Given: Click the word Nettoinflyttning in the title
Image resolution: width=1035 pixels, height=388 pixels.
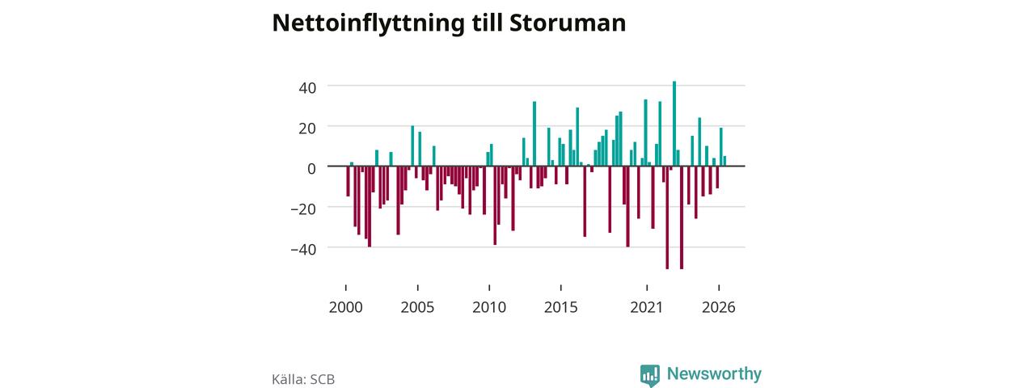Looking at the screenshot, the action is pyautogui.click(x=368, y=23).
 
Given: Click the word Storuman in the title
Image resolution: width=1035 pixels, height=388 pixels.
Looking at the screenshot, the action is pyautogui.click(x=568, y=23).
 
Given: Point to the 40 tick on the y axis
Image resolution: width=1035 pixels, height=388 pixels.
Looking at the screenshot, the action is pyautogui.click(x=307, y=88).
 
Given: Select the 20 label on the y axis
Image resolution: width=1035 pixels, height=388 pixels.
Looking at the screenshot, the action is pyautogui.click(x=307, y=129).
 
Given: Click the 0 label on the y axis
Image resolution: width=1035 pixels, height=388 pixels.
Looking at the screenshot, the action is pyautogui.click(x=312, y=169).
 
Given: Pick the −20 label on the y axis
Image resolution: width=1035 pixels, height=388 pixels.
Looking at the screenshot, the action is pyautogui.click(x=303, y=209).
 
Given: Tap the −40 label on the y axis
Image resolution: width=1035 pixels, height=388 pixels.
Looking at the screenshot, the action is pyautogui.click(x=303, y=250).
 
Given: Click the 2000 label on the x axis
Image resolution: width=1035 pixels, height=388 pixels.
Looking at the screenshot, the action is pyautogui.click(x=345, y=307).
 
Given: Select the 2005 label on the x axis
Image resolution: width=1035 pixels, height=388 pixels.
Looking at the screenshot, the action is pyautogui.click(x=417, y=307).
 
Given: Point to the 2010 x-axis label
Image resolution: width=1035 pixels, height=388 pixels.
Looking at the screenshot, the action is pyautogui.click(x=489, y=307).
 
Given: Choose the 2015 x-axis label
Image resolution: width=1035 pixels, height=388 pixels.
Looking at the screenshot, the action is pyautogui.click(x=560, y=307).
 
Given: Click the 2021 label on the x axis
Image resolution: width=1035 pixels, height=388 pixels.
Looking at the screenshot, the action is pyautogui.click(x=646, y=307).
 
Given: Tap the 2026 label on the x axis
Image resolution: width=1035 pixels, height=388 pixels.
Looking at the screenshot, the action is pyautogui.click(x=719, y=307).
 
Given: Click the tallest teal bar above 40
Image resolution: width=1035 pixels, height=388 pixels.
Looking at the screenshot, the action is pyautogui.click(x=674, y=124).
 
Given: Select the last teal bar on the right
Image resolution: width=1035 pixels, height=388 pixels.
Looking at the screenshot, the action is pyautogui.click(x=724, y=161).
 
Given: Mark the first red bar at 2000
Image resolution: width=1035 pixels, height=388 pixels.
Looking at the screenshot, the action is pyautogui.click(x=348, y=181).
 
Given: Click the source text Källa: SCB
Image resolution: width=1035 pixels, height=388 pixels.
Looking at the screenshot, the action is pyautogui.click(x=303, y=379).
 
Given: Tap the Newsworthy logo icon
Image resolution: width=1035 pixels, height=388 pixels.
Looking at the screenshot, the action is pyautogui.click(x=649, y=375).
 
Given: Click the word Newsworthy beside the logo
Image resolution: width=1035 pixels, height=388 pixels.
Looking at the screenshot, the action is pyautogui.click(x=714, y=373).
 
